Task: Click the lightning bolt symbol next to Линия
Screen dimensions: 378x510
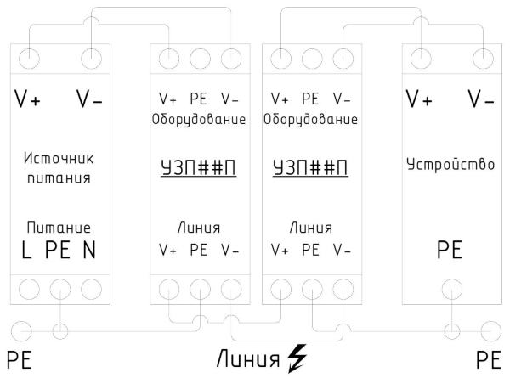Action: click(297, 358)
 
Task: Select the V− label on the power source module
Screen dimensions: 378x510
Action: click(90, 99)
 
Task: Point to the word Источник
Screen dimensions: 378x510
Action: click(58, 160)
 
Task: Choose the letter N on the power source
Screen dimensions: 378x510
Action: click(89, 251)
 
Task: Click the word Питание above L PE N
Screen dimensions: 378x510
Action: click(58, 228)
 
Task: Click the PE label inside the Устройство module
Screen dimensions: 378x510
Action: click(450, 251)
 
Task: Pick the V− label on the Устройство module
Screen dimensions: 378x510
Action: click(481, 99)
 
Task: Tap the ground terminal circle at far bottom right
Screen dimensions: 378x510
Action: click(490, 330)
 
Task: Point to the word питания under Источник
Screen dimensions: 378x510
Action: click(58, 180)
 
